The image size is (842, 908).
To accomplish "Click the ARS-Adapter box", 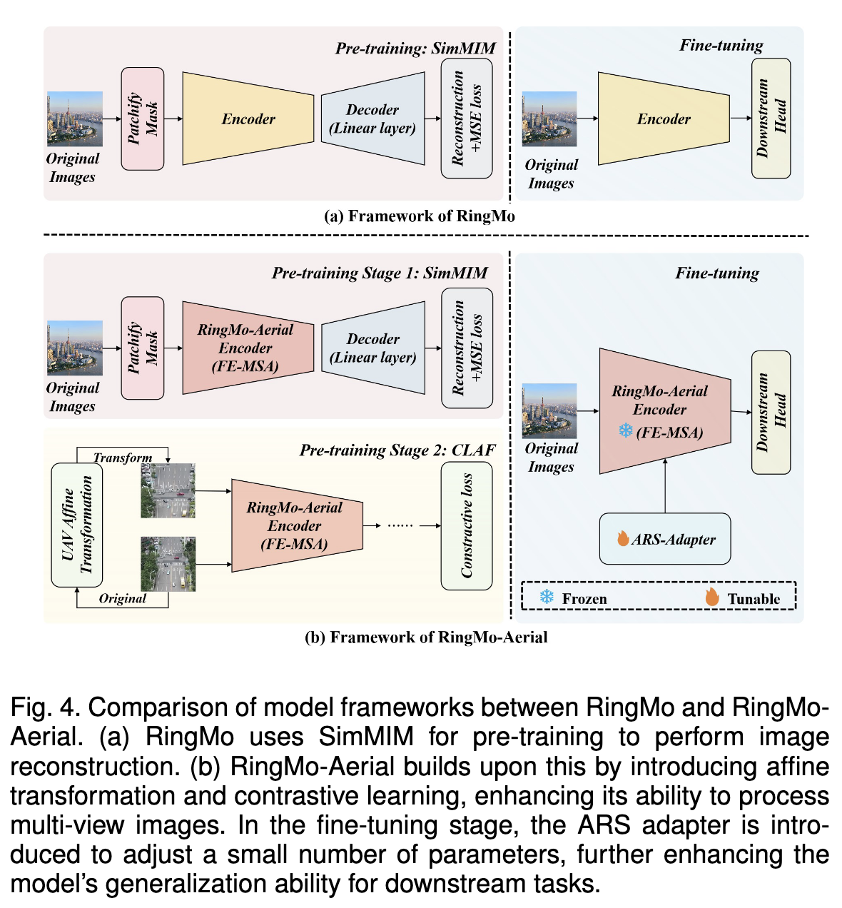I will coord(665,539).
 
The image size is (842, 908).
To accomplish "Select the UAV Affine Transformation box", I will coord(77,525).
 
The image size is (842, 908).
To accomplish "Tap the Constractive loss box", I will coord(467,526).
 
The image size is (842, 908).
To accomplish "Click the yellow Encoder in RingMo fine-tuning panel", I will coord(664,119).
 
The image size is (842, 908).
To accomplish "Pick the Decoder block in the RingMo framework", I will coord(372,119).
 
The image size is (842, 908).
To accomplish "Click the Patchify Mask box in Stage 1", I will coord(143,348).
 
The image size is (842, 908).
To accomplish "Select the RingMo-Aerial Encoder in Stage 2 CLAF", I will coord(296,526).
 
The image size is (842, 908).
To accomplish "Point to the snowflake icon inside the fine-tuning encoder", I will coord(625,430).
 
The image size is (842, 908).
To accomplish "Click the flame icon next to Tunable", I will coord(711,597).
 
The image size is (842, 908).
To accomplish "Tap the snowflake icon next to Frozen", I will coord(547,597).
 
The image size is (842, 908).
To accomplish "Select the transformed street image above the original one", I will coord(168,490).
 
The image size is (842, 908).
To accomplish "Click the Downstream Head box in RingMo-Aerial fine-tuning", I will coord(771,413).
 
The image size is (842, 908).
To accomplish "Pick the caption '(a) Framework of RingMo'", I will coord(420,216).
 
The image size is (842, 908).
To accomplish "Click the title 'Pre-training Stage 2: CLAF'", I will coord(397,450).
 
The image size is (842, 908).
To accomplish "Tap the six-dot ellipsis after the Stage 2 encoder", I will coord(400,525).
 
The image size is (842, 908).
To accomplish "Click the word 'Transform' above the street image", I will coord(123,458).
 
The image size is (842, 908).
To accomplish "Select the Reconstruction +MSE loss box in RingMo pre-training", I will coord(467,118).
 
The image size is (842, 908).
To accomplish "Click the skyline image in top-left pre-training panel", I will coord(75,118).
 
